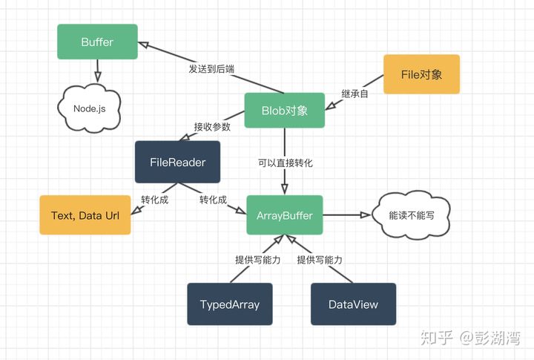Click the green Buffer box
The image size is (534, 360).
97,42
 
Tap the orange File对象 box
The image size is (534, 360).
421,74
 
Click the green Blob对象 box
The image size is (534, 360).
285,111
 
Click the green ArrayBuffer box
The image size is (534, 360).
285,216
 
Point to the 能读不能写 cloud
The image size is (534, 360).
413,216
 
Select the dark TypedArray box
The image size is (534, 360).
230,304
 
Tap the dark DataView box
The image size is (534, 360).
353,304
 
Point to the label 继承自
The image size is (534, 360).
355,94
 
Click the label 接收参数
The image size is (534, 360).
211,127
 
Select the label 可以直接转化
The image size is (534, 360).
285,163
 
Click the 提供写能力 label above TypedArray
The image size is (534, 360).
257,260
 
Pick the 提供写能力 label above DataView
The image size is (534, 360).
320,260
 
